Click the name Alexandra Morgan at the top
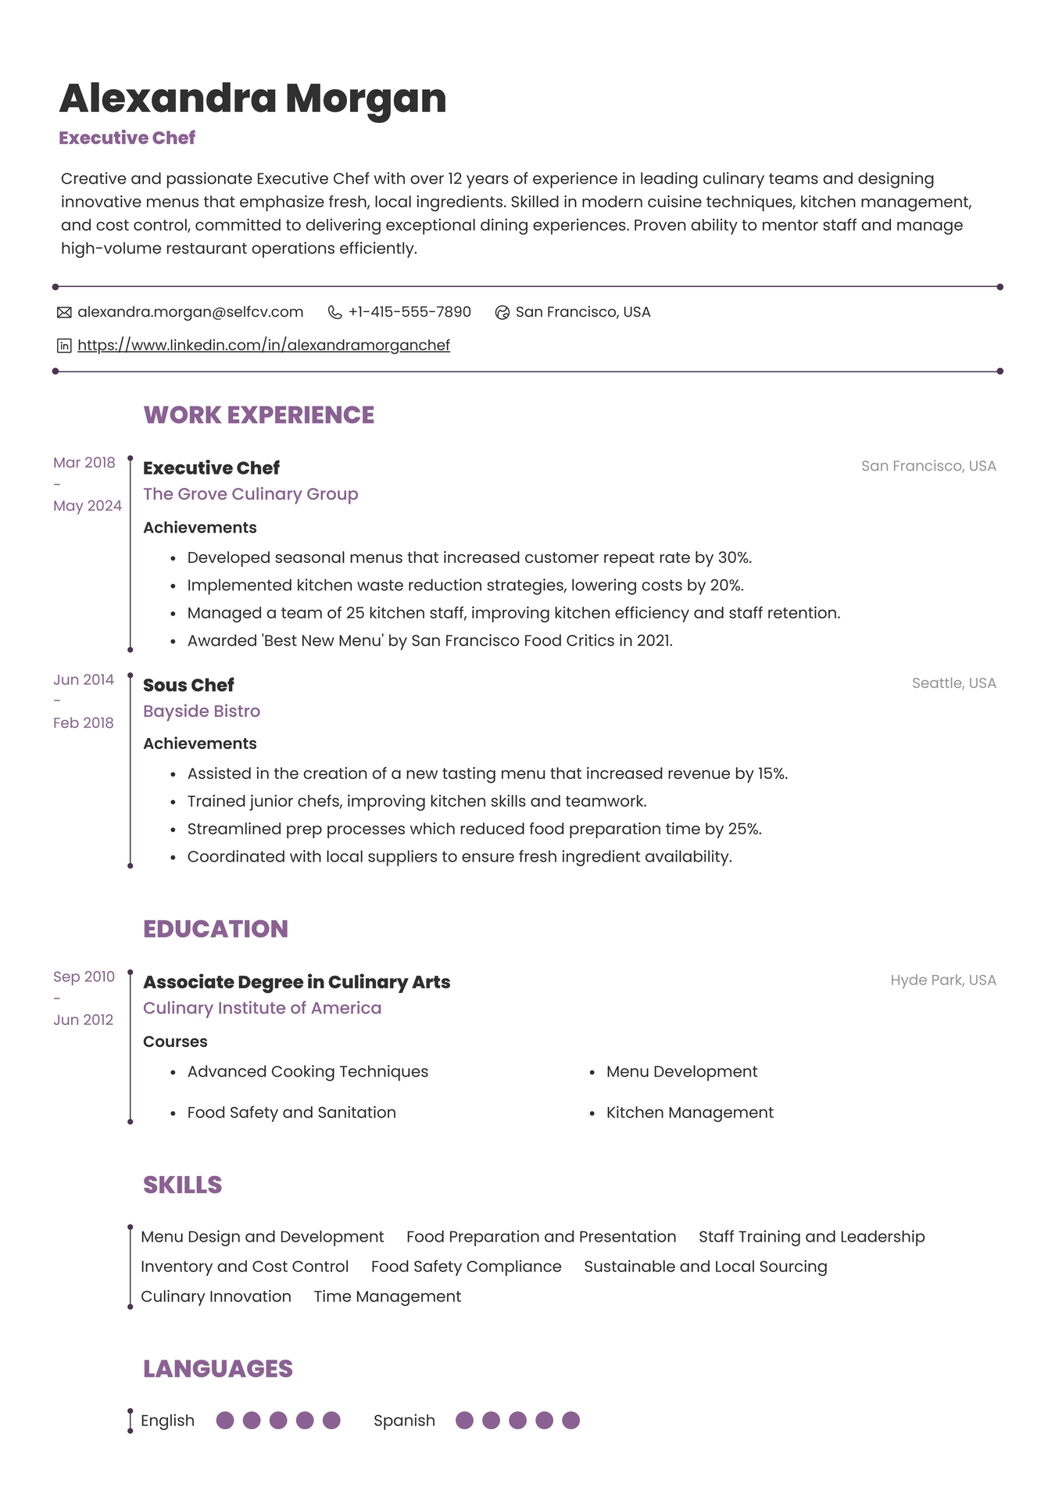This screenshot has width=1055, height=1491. [x=252, y=99]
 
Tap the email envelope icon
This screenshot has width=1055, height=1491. [x=64, y=313]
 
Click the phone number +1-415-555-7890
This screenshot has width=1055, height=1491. [x=409, y=312]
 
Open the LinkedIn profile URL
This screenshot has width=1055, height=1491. [x=263, y=345]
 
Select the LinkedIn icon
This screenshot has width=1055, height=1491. [x=64, y=346]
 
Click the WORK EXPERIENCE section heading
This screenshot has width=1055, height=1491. [x=259, y=415]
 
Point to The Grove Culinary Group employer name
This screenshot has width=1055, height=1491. [x=250, y=494]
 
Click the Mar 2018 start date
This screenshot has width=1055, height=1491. [x=84, y=463]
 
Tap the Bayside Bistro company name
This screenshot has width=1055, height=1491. [x=202, y=711]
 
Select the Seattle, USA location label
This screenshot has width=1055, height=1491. [x=953, y=683]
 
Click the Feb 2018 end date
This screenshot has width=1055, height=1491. [x=83, y=723]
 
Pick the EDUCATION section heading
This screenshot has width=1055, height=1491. [x=216, y=929]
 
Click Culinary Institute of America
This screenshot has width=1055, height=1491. [x=262, y=1009]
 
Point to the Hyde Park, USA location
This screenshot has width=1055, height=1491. [x=942, y=980]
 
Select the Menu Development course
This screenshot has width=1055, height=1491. [x=681, y=1072]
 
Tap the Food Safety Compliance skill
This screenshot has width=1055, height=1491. [x=466, y=1267]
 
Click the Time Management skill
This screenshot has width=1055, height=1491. [x=387, y=1296]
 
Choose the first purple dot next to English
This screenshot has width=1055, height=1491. [x=225, y=1421]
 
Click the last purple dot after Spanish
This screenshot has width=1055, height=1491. [x=571, y=1421]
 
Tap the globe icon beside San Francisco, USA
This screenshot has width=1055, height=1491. [x=502, y=313]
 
